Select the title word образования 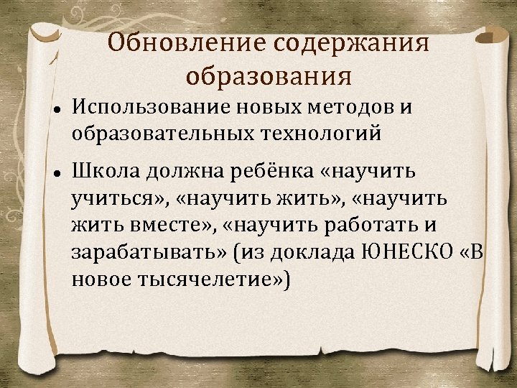269,75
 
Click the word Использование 149,107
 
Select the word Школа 105,172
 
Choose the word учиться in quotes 115,199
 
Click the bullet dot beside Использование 55,108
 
